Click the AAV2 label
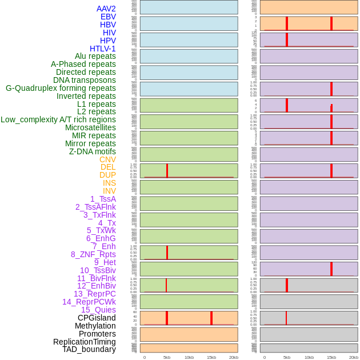point(106,9)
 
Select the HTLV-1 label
point(103,49)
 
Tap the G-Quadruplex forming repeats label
point(61,88)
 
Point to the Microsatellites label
point(90,127)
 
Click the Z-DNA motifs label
point(93,151)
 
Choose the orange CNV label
point(107,159)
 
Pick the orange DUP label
point(107,175)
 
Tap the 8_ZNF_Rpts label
point(93,254)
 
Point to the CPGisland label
point(97,318)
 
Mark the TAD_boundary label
point(89,349)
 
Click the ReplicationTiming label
point(85,342)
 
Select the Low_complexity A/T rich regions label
point(58,119)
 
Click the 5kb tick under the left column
point(167,357)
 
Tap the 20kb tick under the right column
point(354,357)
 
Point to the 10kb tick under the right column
point(309,357)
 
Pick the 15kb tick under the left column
point(211,357)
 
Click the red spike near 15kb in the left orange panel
point(211,318)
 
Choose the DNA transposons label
point(85,80)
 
